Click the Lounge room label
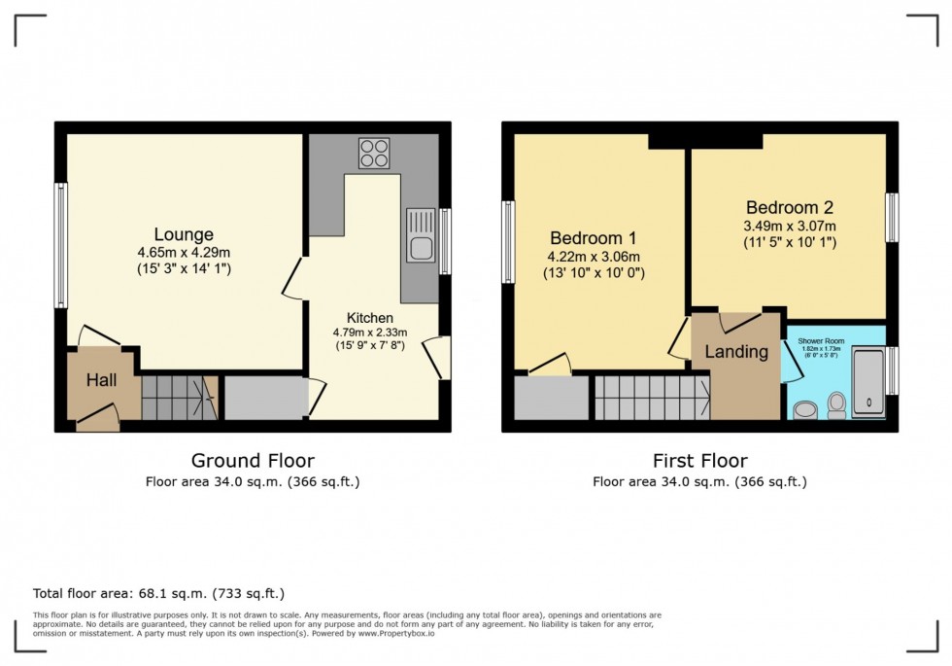click(x=184, y=234)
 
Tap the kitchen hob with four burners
click(x=374, y=154)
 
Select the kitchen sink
click(x=422, y=235)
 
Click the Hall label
click(x=100, y=380)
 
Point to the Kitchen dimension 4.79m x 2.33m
click(x=370, y=333)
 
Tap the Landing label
click(x=735, y=352)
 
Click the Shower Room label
click(x=821, y=342)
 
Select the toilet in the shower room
click(x=836, y=405)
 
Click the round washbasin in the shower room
click(x=804, y=409)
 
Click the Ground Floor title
click(x=253, y=461)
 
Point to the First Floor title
click(x=699, y=461)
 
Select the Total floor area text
click(x=158, y=593)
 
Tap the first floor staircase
click(x=652, y=398)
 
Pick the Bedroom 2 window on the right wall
click(x=892, y=216)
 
